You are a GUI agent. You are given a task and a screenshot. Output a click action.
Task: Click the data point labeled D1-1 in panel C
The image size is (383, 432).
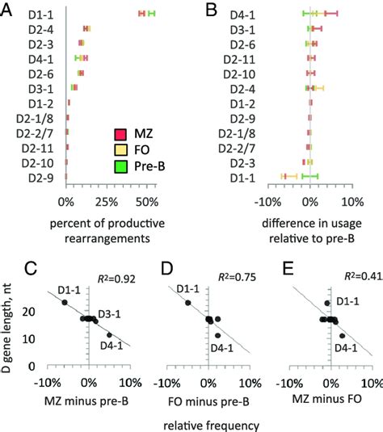point(65,302)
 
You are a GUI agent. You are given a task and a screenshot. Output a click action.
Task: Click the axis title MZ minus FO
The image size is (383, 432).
point(327,396)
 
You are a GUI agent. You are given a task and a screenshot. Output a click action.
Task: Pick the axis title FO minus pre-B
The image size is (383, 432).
point(207,396)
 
